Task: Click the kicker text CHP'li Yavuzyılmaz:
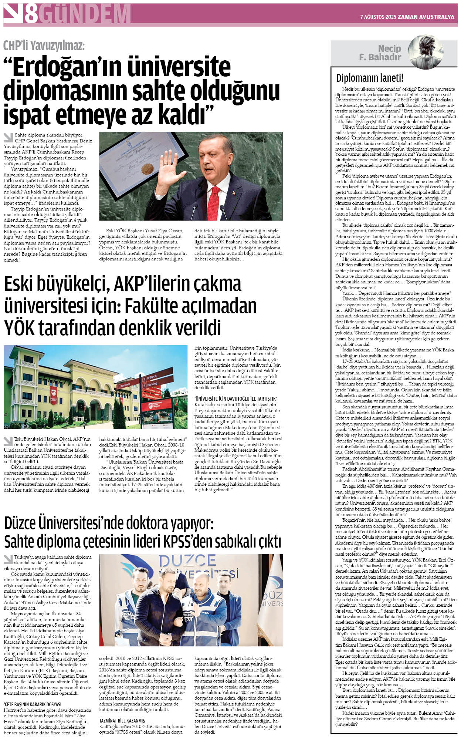[44, 46]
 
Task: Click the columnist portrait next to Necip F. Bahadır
[426, 52]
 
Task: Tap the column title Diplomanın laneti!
[369, 78]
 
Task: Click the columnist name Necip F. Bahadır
[380, 53]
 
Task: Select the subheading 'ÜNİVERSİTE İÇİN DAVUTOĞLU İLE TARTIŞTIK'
[235, 399]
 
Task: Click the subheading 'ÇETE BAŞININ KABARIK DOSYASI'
[33, 704]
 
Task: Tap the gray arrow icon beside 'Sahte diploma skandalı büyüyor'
[8, 138]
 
